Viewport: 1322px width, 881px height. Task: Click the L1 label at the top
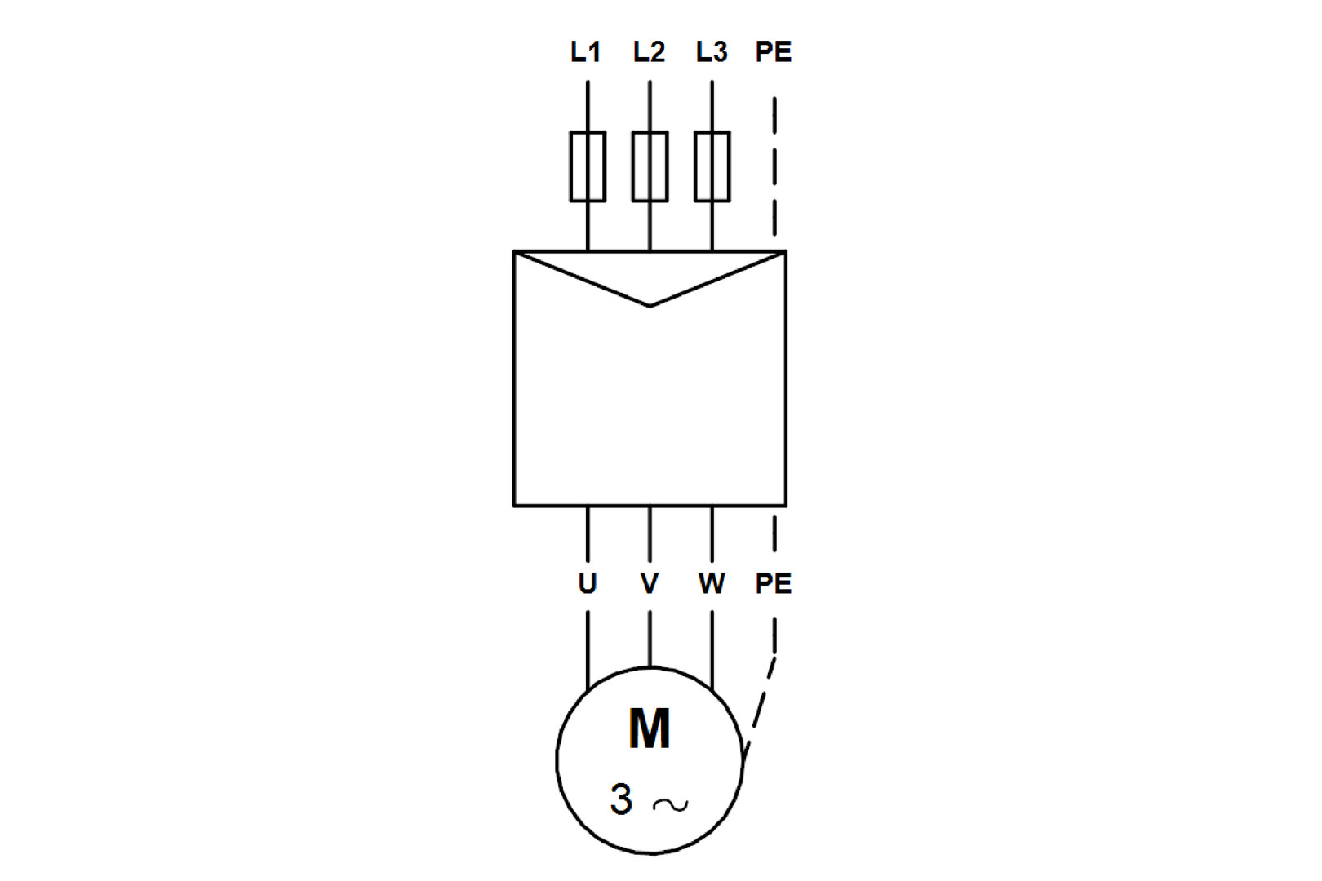tap(585, 52)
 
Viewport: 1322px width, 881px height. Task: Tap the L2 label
tap(649, 52)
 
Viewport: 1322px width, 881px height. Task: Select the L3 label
tap(712, 52)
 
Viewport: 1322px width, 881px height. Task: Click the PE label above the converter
tap(774, 52)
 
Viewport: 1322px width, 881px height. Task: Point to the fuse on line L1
tap(588, 166)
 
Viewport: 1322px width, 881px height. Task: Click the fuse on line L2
tap(650, 166)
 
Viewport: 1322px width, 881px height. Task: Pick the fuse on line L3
tap(712, 166)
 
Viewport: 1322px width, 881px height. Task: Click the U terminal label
tap(588, 583)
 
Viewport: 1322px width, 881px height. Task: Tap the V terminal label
tap(650, 583)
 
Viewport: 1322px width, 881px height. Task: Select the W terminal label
tap(712, 583)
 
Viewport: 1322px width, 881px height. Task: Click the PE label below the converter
tap(774, 583)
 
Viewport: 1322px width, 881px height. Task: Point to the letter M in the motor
tap(650, 728)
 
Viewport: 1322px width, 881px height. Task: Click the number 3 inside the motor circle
tap(621, 799)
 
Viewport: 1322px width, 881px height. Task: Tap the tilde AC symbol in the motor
tap(671, 805)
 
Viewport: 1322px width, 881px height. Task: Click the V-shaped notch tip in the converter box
tap(650, 305)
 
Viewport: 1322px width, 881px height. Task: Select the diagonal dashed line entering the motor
tap(761, 702)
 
